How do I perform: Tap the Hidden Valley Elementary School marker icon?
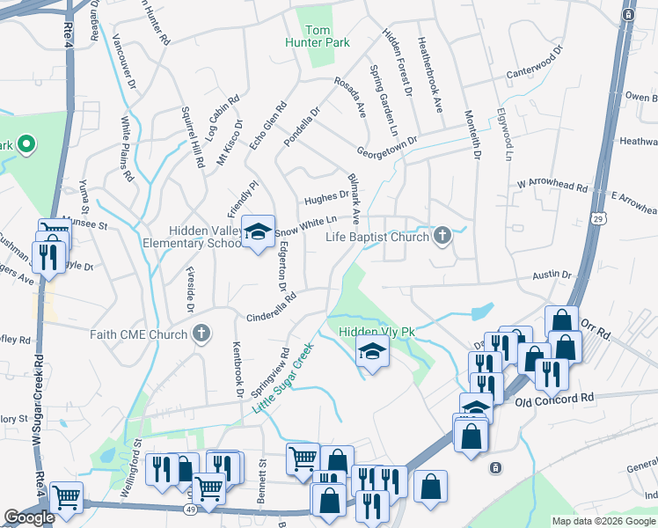(x=257, y=231)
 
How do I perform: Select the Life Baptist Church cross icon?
(x=442, y=235)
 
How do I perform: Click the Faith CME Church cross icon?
(x=201, y=334)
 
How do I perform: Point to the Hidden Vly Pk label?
(x=377, y=332)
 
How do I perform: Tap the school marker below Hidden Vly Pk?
(x=372, y=354)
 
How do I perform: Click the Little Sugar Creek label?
(x=283, y=378)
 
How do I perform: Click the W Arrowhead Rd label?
(x=552, y=186)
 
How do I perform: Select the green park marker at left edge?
(x=26, y=143)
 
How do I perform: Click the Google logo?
(x=29, y=517)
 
